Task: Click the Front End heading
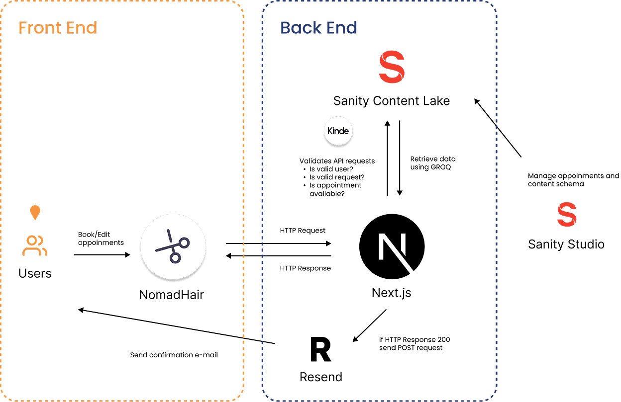58,28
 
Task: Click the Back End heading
319,28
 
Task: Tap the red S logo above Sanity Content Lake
392,68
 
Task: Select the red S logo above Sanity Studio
566,215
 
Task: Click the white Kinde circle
338,131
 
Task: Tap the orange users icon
34,246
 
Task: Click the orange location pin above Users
34,213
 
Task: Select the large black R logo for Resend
320,350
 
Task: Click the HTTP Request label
303,231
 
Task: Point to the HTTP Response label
305,268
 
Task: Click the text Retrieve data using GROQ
432,163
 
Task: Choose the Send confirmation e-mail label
174,355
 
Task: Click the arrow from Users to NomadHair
102,255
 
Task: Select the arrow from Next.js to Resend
369,326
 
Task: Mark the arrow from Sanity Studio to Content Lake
497,128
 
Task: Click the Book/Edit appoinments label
101,239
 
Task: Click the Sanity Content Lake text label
392,101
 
